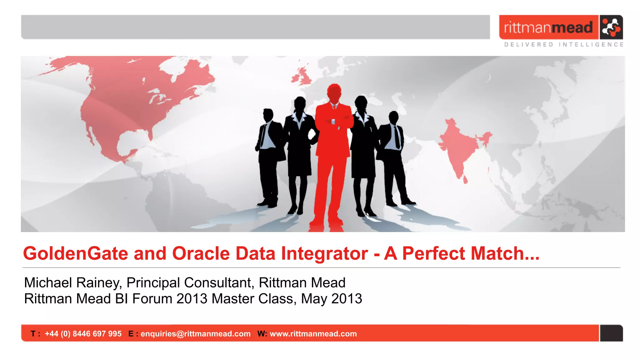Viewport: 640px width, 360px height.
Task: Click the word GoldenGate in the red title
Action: pos(75,253)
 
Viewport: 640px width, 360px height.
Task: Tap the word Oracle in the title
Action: pos(201,253)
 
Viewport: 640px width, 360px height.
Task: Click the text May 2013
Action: pos(331,299)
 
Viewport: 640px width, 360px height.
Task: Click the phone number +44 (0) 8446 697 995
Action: pos(83,334)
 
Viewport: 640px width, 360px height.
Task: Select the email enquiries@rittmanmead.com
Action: pos(196,334)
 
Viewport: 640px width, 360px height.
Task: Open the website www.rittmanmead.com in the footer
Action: pos(313,334)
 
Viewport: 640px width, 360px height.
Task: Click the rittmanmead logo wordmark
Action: pos(548,27)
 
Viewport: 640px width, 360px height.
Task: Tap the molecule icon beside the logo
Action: pos(611,27)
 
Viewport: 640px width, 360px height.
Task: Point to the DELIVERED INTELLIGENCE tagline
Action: pos(564,45)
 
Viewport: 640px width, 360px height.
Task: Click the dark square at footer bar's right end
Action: pos(611,333)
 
